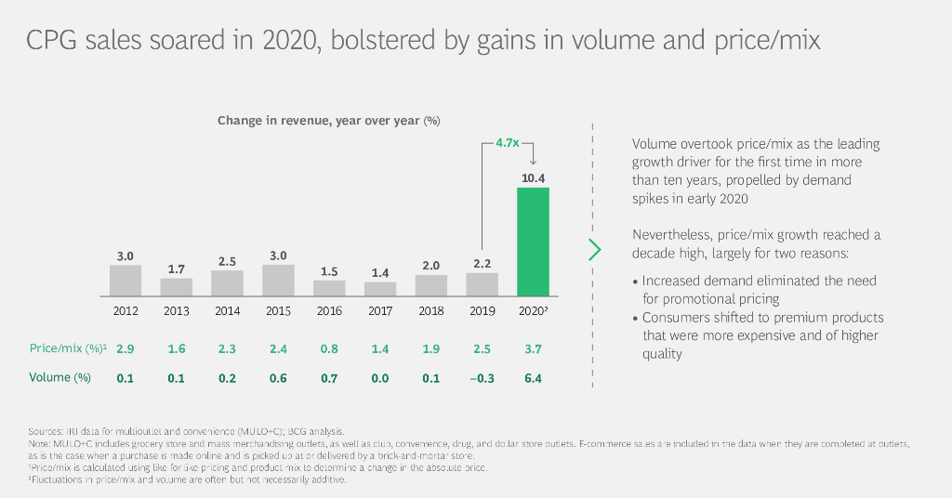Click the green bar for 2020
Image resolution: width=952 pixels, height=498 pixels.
coord(533,241)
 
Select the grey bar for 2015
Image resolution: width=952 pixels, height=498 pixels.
coord(278,280)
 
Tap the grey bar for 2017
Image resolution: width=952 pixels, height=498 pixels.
coord(379,288)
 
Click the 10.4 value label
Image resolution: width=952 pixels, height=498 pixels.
coord(533,177)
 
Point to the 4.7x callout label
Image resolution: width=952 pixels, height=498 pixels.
coord(507,143)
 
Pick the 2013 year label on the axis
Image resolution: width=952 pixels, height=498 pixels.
coord(176,311)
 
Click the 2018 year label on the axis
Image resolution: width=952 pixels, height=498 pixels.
coord(430,311)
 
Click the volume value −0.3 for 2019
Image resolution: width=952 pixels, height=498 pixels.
coord(481,378)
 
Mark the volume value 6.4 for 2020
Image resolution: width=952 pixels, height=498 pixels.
coord(533,378)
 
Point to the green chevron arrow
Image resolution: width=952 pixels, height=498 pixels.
coord(595,249)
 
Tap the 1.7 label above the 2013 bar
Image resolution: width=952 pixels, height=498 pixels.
coord(176,269)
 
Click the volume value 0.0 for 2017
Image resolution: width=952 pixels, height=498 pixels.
coord(379,378)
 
